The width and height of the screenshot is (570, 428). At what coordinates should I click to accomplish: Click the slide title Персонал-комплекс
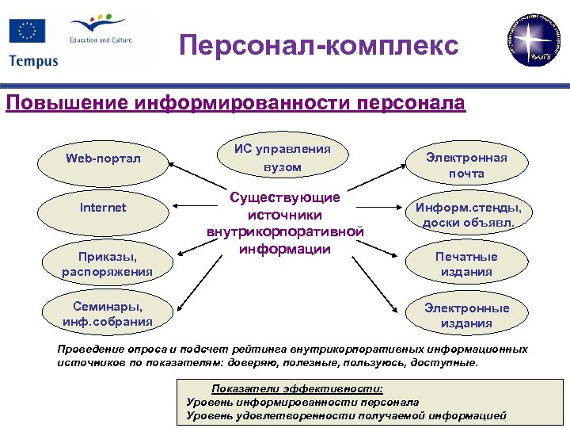318,45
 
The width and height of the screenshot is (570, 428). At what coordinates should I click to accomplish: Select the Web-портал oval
103,159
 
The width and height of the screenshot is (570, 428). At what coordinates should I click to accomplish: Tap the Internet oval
103,208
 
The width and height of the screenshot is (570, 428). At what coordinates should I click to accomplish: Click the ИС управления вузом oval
283,157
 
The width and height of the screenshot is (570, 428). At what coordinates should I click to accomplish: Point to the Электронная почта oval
466,165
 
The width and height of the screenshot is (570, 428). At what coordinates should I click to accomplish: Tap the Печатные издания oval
466,265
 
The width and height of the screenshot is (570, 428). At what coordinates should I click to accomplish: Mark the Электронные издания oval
467,315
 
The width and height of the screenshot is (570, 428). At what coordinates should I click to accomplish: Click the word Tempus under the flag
33,61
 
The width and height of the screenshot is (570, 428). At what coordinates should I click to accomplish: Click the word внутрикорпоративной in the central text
285,232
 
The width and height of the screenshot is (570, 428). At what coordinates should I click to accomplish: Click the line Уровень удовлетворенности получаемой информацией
346,415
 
